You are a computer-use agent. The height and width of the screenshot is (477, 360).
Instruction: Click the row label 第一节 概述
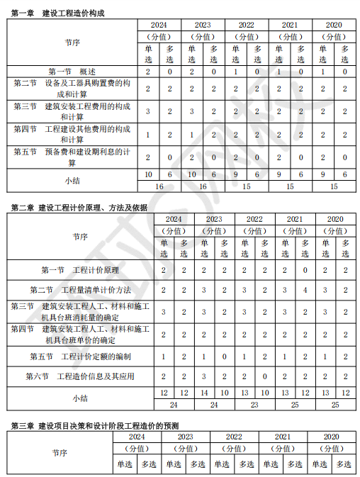pyautogui.click(x=72, y=72)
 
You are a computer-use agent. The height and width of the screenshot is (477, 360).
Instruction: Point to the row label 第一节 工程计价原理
pyautogui.click(x=80, y=270)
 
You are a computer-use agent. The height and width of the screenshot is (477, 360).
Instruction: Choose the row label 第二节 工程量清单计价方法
pyautogui.click(x=80, y=290)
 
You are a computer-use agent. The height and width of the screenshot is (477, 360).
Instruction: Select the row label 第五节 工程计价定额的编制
pyautogui.click(x=80, y=355)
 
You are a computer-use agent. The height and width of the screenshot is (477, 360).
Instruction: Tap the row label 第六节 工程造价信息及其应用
pyautogui.click(x=80, y=376)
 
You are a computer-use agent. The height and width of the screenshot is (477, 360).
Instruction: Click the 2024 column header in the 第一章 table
pyautogui.click(x=159, y=24)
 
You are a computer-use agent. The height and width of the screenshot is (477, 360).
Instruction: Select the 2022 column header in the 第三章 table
pyautogui.click(x=234, y=437)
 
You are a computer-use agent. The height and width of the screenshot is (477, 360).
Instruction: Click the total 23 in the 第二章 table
pyautogui.click(x=254, y=405)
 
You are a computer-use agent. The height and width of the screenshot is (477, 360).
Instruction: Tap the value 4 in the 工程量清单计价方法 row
pyautogui.click(x=305, y=290)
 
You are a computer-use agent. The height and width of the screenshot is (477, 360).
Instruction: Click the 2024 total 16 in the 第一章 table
pyautogui.click(x=159, y=186)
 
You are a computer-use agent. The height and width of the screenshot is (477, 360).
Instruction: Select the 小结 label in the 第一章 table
pyautogui.click(x=72, y=180)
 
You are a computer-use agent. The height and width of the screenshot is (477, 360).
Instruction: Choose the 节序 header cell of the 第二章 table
pyautogui.click(x=80, y=237)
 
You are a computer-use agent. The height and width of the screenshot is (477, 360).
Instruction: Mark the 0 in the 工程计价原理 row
pyautogui.click(x=305, y=270)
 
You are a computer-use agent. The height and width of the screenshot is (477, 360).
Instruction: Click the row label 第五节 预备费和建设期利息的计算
pyautogui.click(x=72, y=157)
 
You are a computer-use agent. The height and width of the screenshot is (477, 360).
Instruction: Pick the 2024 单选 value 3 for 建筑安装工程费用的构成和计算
pyautogui.click(x=148, y=111)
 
